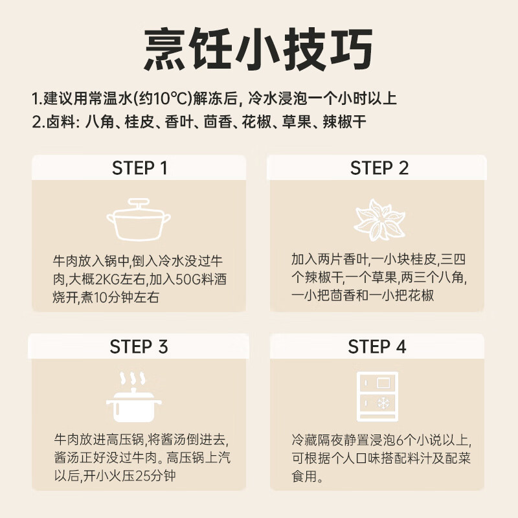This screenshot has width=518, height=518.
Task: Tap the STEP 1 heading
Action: click(140, 168)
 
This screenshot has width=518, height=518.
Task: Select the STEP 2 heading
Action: click(379, 168)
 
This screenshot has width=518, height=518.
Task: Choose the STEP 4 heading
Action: click(377, 346)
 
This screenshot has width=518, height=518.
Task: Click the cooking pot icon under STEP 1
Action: click(139, 221)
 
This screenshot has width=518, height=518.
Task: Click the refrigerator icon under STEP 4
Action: click(377, 396)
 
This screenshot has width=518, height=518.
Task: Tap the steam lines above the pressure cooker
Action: click(132, 378)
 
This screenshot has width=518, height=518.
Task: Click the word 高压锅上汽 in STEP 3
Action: click(201, 458)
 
